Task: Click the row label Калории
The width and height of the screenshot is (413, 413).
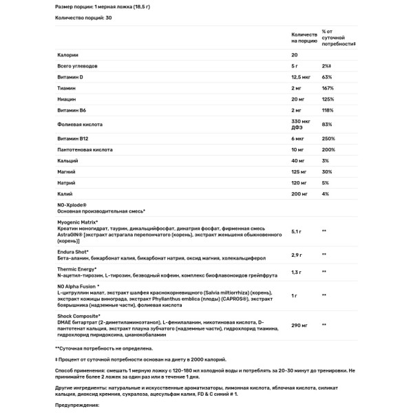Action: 68,54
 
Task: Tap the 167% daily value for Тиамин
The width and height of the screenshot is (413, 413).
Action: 327,88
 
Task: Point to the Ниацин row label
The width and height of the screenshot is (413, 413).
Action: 67,99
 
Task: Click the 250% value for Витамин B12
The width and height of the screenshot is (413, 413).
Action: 328,138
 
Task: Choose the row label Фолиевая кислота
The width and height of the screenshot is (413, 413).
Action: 81,125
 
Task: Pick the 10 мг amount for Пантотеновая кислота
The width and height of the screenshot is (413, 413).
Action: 299,149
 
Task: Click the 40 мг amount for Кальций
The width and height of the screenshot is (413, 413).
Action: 299,160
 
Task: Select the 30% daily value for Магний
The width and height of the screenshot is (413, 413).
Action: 326,171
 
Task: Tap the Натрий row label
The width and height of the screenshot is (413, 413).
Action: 67,182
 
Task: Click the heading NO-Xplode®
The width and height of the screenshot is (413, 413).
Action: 72,204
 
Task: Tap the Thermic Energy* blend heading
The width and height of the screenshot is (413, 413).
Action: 77,268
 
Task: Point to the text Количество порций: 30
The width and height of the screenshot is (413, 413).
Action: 83,17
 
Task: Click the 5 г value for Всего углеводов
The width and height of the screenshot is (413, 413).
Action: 295,66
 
